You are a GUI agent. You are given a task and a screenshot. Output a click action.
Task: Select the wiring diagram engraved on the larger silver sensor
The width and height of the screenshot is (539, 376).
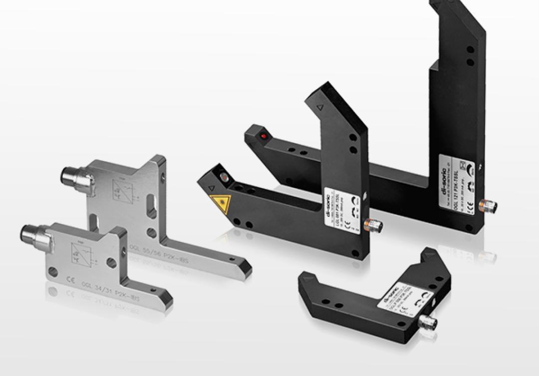tap(123, 190)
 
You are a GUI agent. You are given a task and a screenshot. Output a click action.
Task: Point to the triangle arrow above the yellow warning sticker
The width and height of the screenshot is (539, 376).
tap(211, 188)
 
